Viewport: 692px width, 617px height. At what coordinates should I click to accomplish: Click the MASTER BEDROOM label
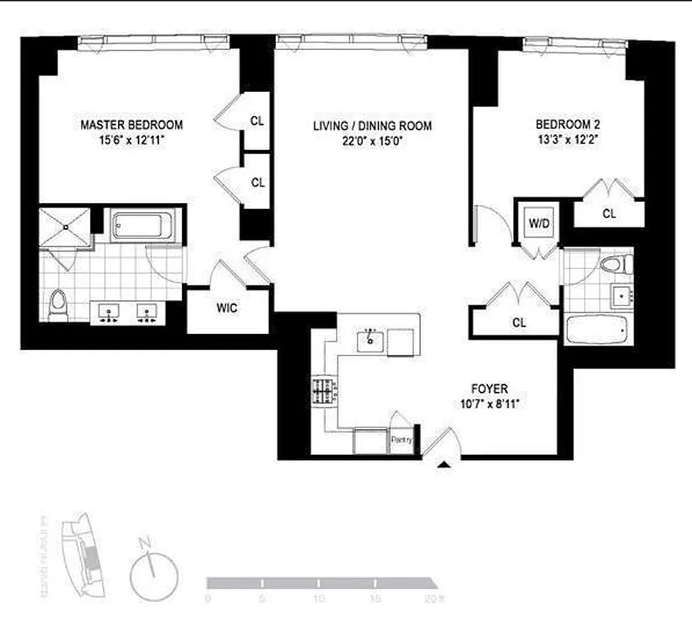point(131,124)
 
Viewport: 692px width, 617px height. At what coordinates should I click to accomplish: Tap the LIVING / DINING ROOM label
point(372,126)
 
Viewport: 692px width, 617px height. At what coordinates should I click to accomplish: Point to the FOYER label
point(490,389)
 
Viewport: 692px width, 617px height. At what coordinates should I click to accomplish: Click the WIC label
point(227,308)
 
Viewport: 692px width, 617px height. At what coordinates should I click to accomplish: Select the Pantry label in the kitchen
point(402,440)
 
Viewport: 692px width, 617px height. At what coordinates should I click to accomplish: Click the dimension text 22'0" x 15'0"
point(372,140)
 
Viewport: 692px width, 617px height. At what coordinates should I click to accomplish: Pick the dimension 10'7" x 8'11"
point(490,404)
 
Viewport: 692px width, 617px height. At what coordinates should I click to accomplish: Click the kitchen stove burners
point(323,391)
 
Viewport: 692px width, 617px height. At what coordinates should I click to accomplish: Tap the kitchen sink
point(371,339)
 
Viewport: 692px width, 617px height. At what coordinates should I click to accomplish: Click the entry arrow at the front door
point(444,465)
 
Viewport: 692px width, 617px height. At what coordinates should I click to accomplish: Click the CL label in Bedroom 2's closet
point(609,213)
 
